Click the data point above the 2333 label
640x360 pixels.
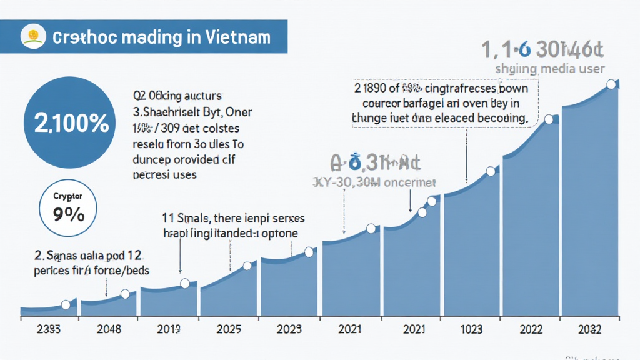[66, 305]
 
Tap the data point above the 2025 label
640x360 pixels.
[246, 266]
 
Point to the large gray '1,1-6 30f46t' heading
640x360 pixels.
[542, 49]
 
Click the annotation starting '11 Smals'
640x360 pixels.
[233, 219]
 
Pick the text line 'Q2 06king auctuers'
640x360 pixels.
[177, 96]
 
